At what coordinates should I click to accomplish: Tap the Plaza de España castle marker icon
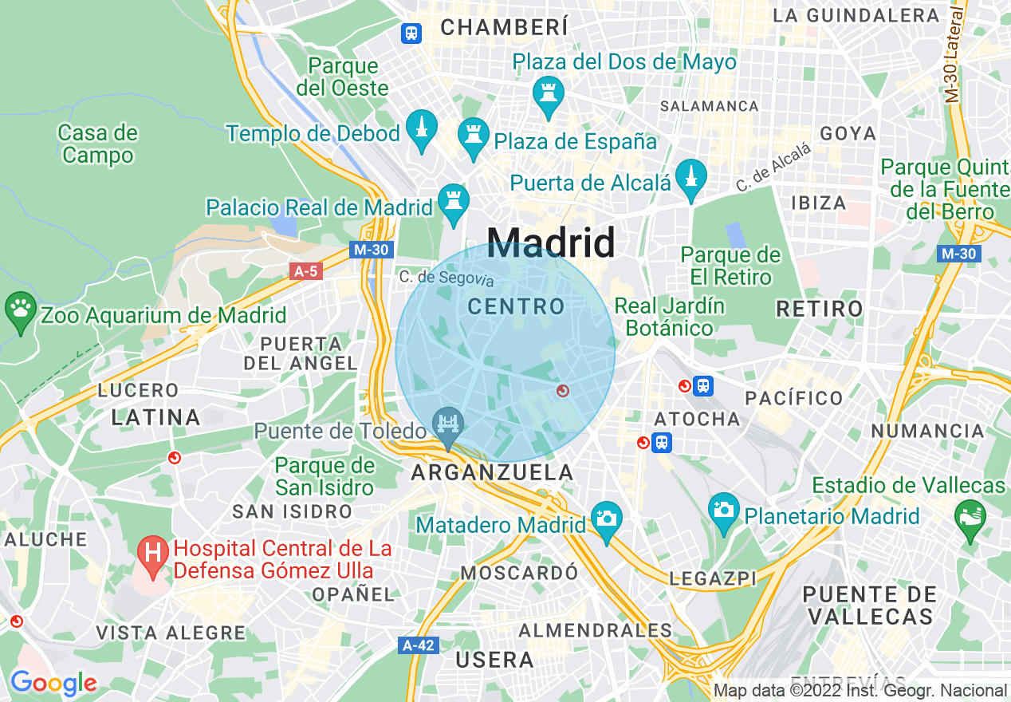tap(473, 138)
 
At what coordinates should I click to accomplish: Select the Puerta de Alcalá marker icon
tap(690, 179)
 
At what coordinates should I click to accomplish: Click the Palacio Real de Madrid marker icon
tap(454, 203)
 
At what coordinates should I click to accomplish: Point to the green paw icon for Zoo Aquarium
tap(19, 309)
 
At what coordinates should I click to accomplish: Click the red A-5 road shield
tap(305, 271)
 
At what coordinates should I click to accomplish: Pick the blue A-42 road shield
tap(419, 645)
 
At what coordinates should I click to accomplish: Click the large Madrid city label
tap(551, 241)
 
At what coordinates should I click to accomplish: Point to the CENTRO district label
tap(516, 306)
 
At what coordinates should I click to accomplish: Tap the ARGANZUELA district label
tap(492, 472)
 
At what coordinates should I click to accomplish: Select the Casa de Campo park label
tap(98, 144)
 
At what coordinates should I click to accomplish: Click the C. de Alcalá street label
tap(773, 168)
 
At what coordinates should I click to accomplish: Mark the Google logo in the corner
tap(53, 683)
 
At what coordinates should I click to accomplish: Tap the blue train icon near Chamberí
tap(411, 33)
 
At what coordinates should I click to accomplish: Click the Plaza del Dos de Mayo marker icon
tap(549, 94)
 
